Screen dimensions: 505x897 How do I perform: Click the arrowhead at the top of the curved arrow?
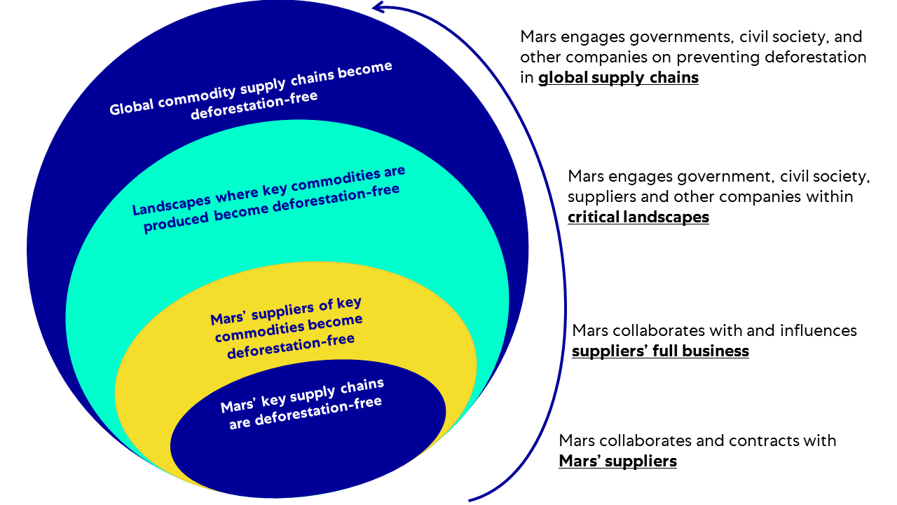[378, 8]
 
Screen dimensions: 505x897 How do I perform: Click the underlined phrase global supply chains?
[618, 78]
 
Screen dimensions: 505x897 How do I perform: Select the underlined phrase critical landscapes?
[638, 217]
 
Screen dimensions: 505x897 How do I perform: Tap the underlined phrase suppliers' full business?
[660, 351]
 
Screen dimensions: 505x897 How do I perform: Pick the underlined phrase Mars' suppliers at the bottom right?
[617, 462]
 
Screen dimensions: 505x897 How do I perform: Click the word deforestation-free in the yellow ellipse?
[290, 346]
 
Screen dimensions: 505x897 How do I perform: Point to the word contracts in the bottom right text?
[762, 440]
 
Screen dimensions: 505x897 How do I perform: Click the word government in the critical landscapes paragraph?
[713, 175]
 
